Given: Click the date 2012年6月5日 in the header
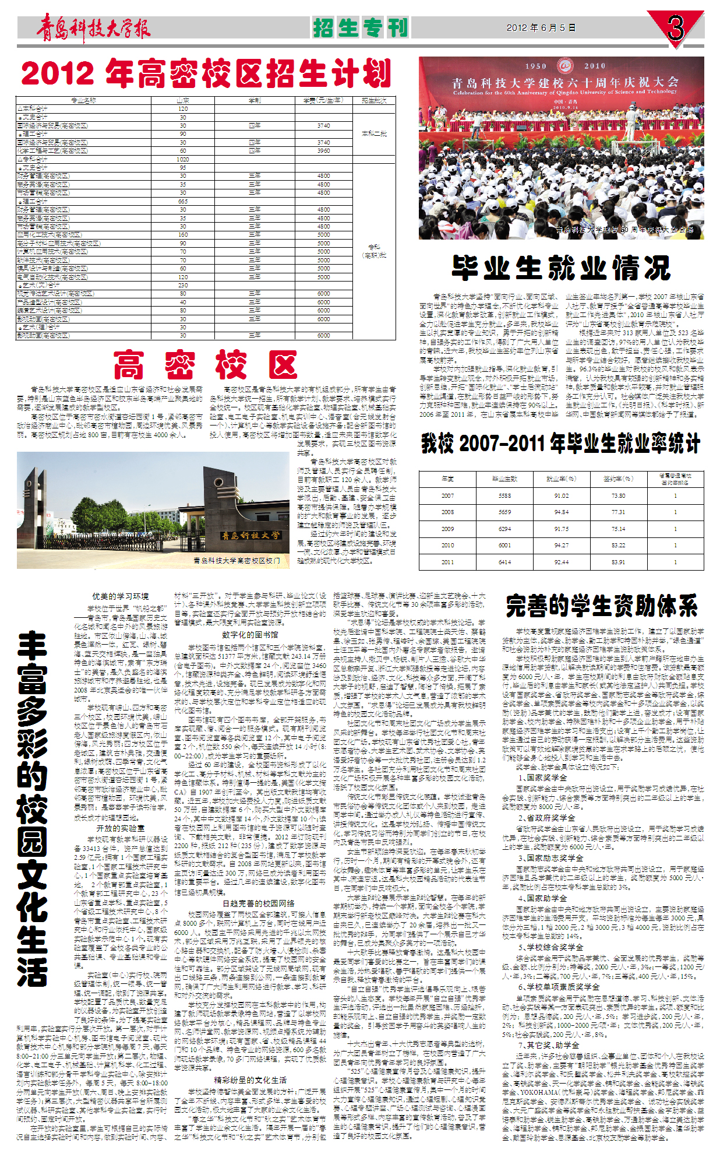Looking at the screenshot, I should pos(541,27).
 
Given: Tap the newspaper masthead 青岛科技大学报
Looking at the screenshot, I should pos(93,28).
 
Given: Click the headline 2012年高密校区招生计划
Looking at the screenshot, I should pos(206,74).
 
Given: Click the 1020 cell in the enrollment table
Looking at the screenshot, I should pos(183,159).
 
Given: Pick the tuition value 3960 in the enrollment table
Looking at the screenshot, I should pos(323,150).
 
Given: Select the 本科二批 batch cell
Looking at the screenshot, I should pos(374,134).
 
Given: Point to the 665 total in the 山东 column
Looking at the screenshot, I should pos(183,201).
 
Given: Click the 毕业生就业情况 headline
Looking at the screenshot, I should pos(561,268).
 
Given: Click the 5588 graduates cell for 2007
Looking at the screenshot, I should pos(504,496).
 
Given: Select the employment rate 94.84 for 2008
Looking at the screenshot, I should pos(562,512).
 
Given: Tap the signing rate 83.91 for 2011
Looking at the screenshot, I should pos(618,562).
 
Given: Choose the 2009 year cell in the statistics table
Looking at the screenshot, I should pos(447,529).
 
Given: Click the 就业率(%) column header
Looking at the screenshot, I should pos(562,479).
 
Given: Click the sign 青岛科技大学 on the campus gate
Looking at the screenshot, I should pos(250,535).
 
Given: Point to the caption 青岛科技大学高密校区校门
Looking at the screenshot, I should pos(237,560).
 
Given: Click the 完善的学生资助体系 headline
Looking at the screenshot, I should pos(602,606).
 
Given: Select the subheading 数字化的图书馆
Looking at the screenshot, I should pos(250,635).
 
